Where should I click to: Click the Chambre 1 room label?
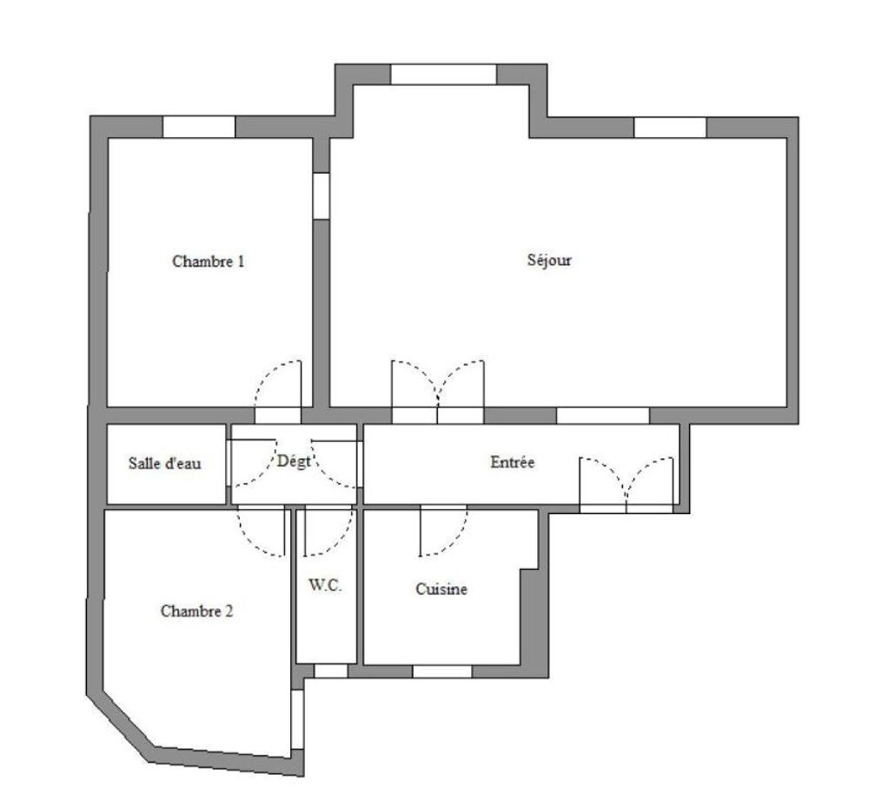click(x=208, y=261)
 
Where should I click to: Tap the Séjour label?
click(x=549, y=260)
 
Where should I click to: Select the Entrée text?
click(x=513, y=463)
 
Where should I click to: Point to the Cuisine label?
click(x=441, y=590)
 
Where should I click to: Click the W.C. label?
click(x=325, y=585)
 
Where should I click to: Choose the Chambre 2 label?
click(x=196, y=611)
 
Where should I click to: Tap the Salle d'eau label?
click(x=165, y=464)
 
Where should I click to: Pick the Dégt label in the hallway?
click(x=294, y=462)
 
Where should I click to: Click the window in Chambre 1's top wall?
click(x=199, y=127)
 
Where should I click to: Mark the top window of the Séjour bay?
click(x=443, y=74)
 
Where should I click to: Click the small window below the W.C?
click(x=330, y=671)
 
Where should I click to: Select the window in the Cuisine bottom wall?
click(x=442, y=671)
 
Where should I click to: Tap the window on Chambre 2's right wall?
click(x=297, y=717)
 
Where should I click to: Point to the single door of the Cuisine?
click(x=443, y=532)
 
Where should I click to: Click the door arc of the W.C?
click(x=328, y=532)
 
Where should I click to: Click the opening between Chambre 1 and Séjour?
click(x=322, y=195)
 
